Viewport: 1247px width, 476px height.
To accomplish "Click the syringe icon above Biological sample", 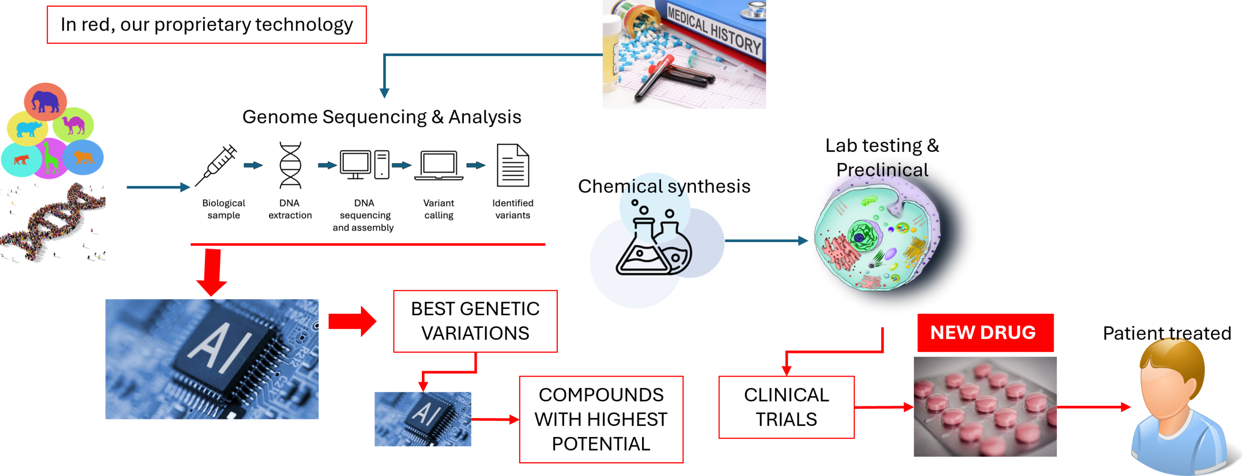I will point(216,166).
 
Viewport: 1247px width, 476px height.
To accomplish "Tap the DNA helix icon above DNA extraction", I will point(290,165).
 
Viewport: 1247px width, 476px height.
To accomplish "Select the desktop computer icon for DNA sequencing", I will point(364,165).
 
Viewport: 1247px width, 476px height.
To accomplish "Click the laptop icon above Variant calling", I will point(438,166).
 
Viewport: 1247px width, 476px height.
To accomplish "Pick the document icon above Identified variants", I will point(512,165).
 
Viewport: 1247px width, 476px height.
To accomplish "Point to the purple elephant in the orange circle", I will point(45,102).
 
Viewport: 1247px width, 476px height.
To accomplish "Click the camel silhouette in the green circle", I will point(74,125).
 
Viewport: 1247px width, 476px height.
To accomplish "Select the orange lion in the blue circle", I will point(84,157).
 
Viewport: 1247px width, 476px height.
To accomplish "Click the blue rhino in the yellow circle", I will point(28,129).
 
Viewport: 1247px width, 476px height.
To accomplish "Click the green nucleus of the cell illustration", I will point(860,236).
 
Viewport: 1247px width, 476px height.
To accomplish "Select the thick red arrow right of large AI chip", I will point(352,322).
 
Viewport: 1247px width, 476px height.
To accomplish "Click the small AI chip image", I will point(423,419).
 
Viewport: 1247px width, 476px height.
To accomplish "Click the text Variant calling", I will point(438,209).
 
